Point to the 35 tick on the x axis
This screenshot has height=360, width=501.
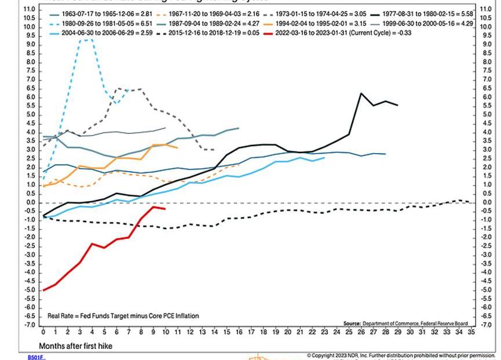(x=471, y=333)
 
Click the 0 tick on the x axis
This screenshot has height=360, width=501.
(x=43, y=333)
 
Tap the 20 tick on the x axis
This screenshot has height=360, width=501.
(x=287, y=333)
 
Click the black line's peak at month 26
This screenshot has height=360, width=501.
(x=361, y=93)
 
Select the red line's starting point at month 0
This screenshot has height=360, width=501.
(x=43, y=290)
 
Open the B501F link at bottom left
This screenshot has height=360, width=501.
(x=36, y=357)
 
